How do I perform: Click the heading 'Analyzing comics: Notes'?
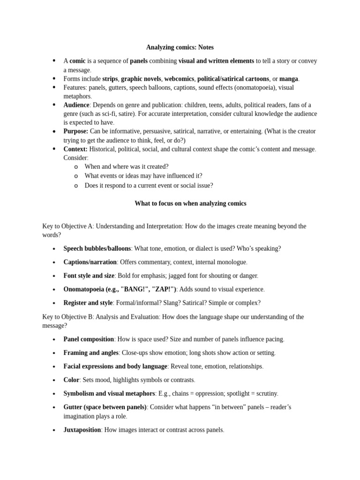(x=180, y=47)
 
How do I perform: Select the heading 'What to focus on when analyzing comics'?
(x=190, y=203)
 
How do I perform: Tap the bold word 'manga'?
(x=289, y=79)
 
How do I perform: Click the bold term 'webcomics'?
(x=179, y=79)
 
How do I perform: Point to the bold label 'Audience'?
(x=76, y=105)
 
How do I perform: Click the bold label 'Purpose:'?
(x=76, y=131)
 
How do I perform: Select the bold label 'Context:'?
(x=75, y=149)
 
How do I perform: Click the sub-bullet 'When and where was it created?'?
(x=126, y=166)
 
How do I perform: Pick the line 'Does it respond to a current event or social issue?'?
(x=149, y=185)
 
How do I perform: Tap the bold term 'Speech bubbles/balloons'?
(x=97, y=248)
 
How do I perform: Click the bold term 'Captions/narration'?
(x=90, y=262)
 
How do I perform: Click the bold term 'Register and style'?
(x=88, y=303)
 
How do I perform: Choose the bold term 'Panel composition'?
(x=89, y=339)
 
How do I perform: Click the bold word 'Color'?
(x=72, y=380)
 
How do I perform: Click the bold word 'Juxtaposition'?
(x=82, y=429)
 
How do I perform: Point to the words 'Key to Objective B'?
(x=67, y=317)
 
